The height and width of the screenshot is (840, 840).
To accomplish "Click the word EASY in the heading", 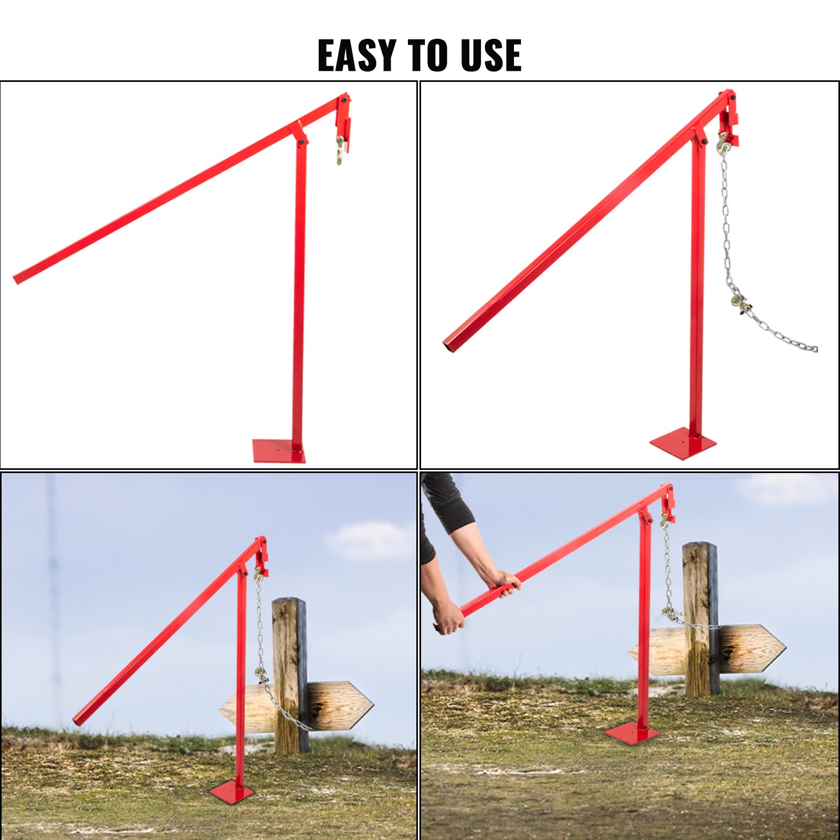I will pyautogui.click(x=357, y=55).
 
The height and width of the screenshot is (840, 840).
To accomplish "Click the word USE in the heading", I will pyautogui.click(x=491, y=55).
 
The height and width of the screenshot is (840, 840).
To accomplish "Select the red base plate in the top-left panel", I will pyautogui.click(x=278, y=451).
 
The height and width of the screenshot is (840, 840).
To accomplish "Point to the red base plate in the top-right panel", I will pyautogui.click(x=682, y=443).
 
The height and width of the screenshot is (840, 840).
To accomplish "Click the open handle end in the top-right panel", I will pyautogui.click(x=449, y=345).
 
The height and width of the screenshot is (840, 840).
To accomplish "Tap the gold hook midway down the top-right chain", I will pyautogui.click(x=740, y=303).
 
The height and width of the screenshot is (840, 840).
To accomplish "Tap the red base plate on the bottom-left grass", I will pyautogui.click(x=232, y=791).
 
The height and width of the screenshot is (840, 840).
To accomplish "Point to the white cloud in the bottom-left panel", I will pyautogui.click(x=370, y=540).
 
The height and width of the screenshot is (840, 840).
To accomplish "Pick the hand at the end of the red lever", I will pyautogui.click(x=448, y=617).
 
